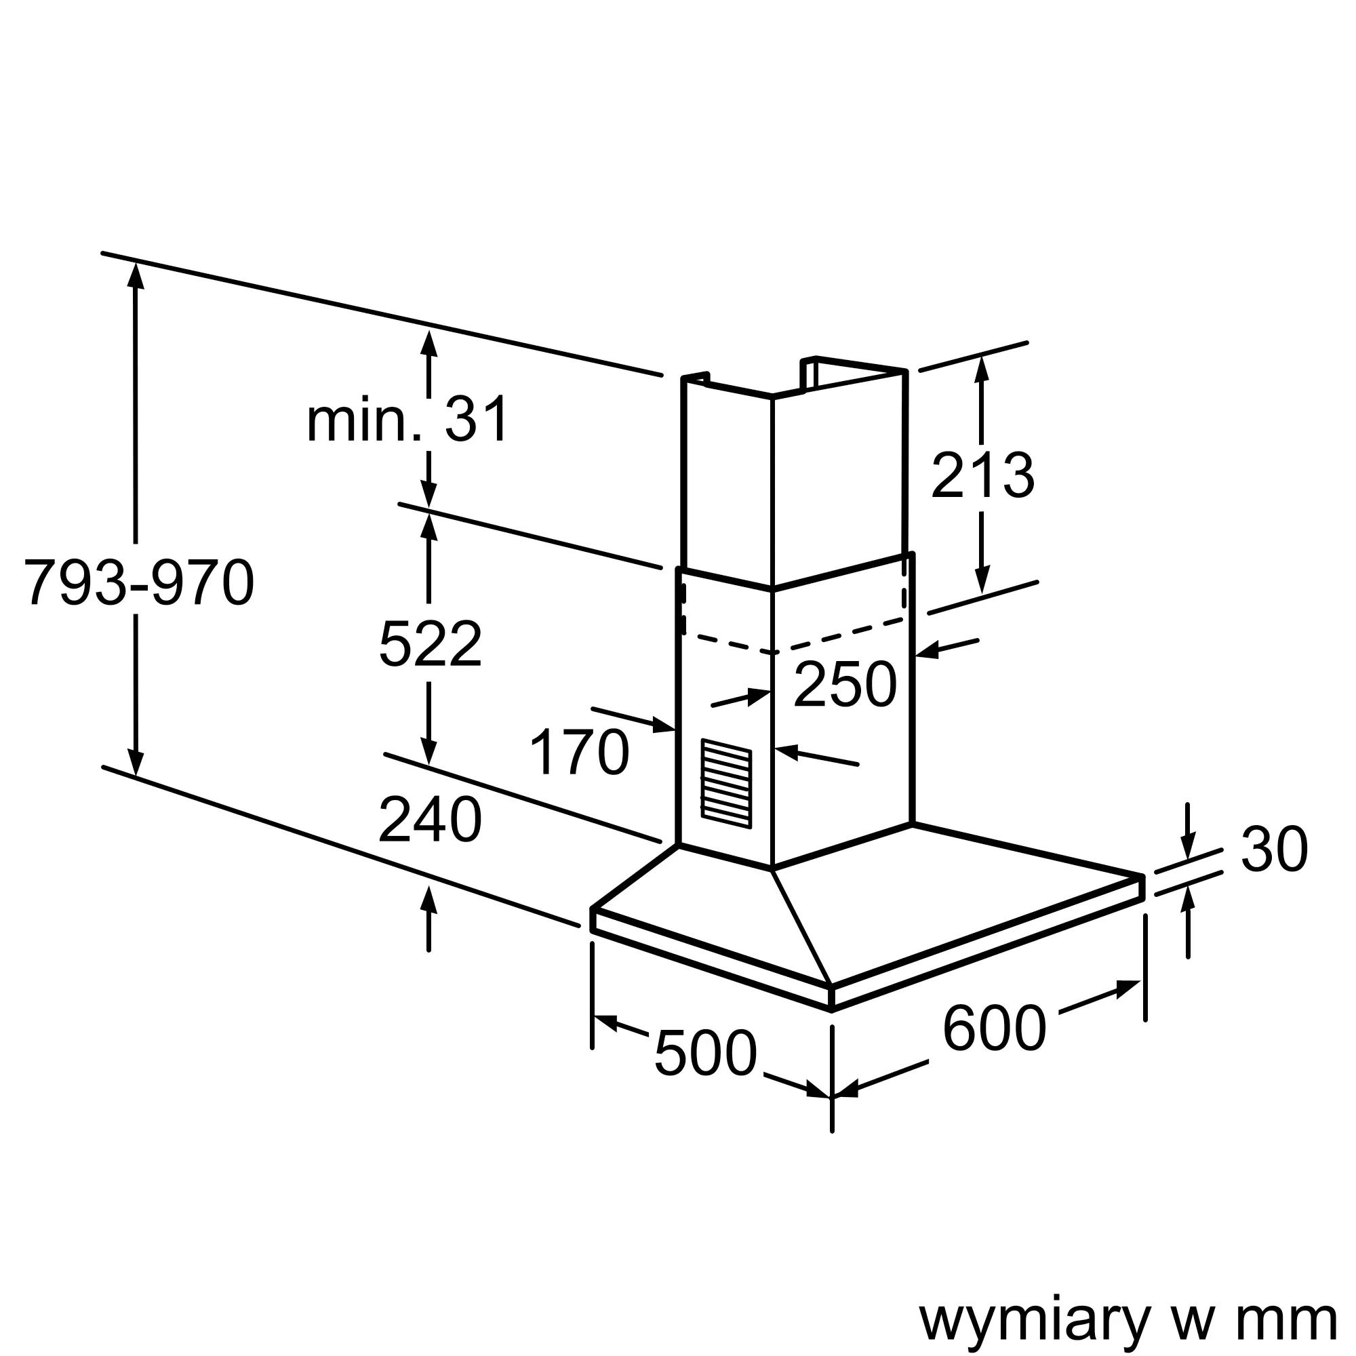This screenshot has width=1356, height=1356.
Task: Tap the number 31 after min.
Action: point(477,419)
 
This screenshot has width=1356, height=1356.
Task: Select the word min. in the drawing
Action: point(363,419)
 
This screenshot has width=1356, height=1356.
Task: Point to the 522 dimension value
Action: point(431,643)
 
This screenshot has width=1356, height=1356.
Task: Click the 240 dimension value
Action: point(431,820)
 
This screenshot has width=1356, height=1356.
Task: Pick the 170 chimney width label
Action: point(579,753)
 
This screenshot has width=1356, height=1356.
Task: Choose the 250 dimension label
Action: point(845,684)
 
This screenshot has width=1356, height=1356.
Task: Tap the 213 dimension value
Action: point(982,476)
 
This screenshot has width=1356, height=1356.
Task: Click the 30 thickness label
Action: point(1275,850)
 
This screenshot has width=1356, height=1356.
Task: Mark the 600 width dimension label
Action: point(994,1029)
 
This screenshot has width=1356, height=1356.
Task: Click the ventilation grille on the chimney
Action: point(726,783)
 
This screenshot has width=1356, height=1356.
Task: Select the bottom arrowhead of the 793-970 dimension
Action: point(136,763)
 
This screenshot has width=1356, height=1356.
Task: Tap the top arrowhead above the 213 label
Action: point(981,368)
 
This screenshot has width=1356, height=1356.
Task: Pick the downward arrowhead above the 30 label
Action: point(1188,847)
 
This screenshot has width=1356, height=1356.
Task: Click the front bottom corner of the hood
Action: point(832,1010)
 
